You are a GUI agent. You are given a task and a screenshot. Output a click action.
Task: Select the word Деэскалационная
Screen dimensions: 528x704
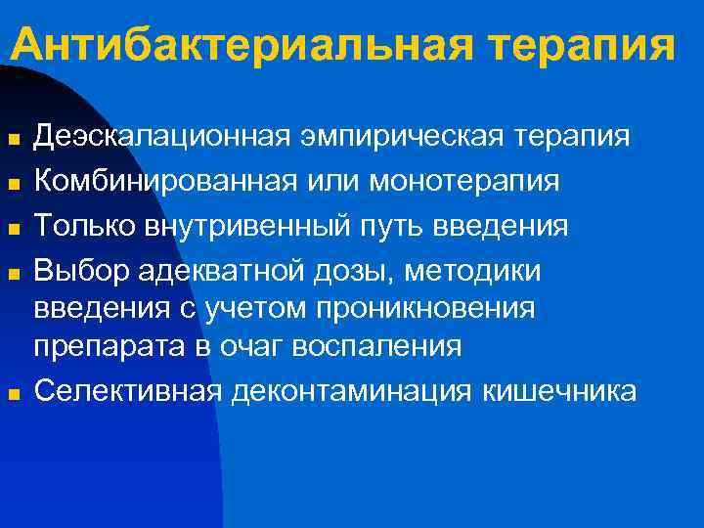[x=155, y=136]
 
